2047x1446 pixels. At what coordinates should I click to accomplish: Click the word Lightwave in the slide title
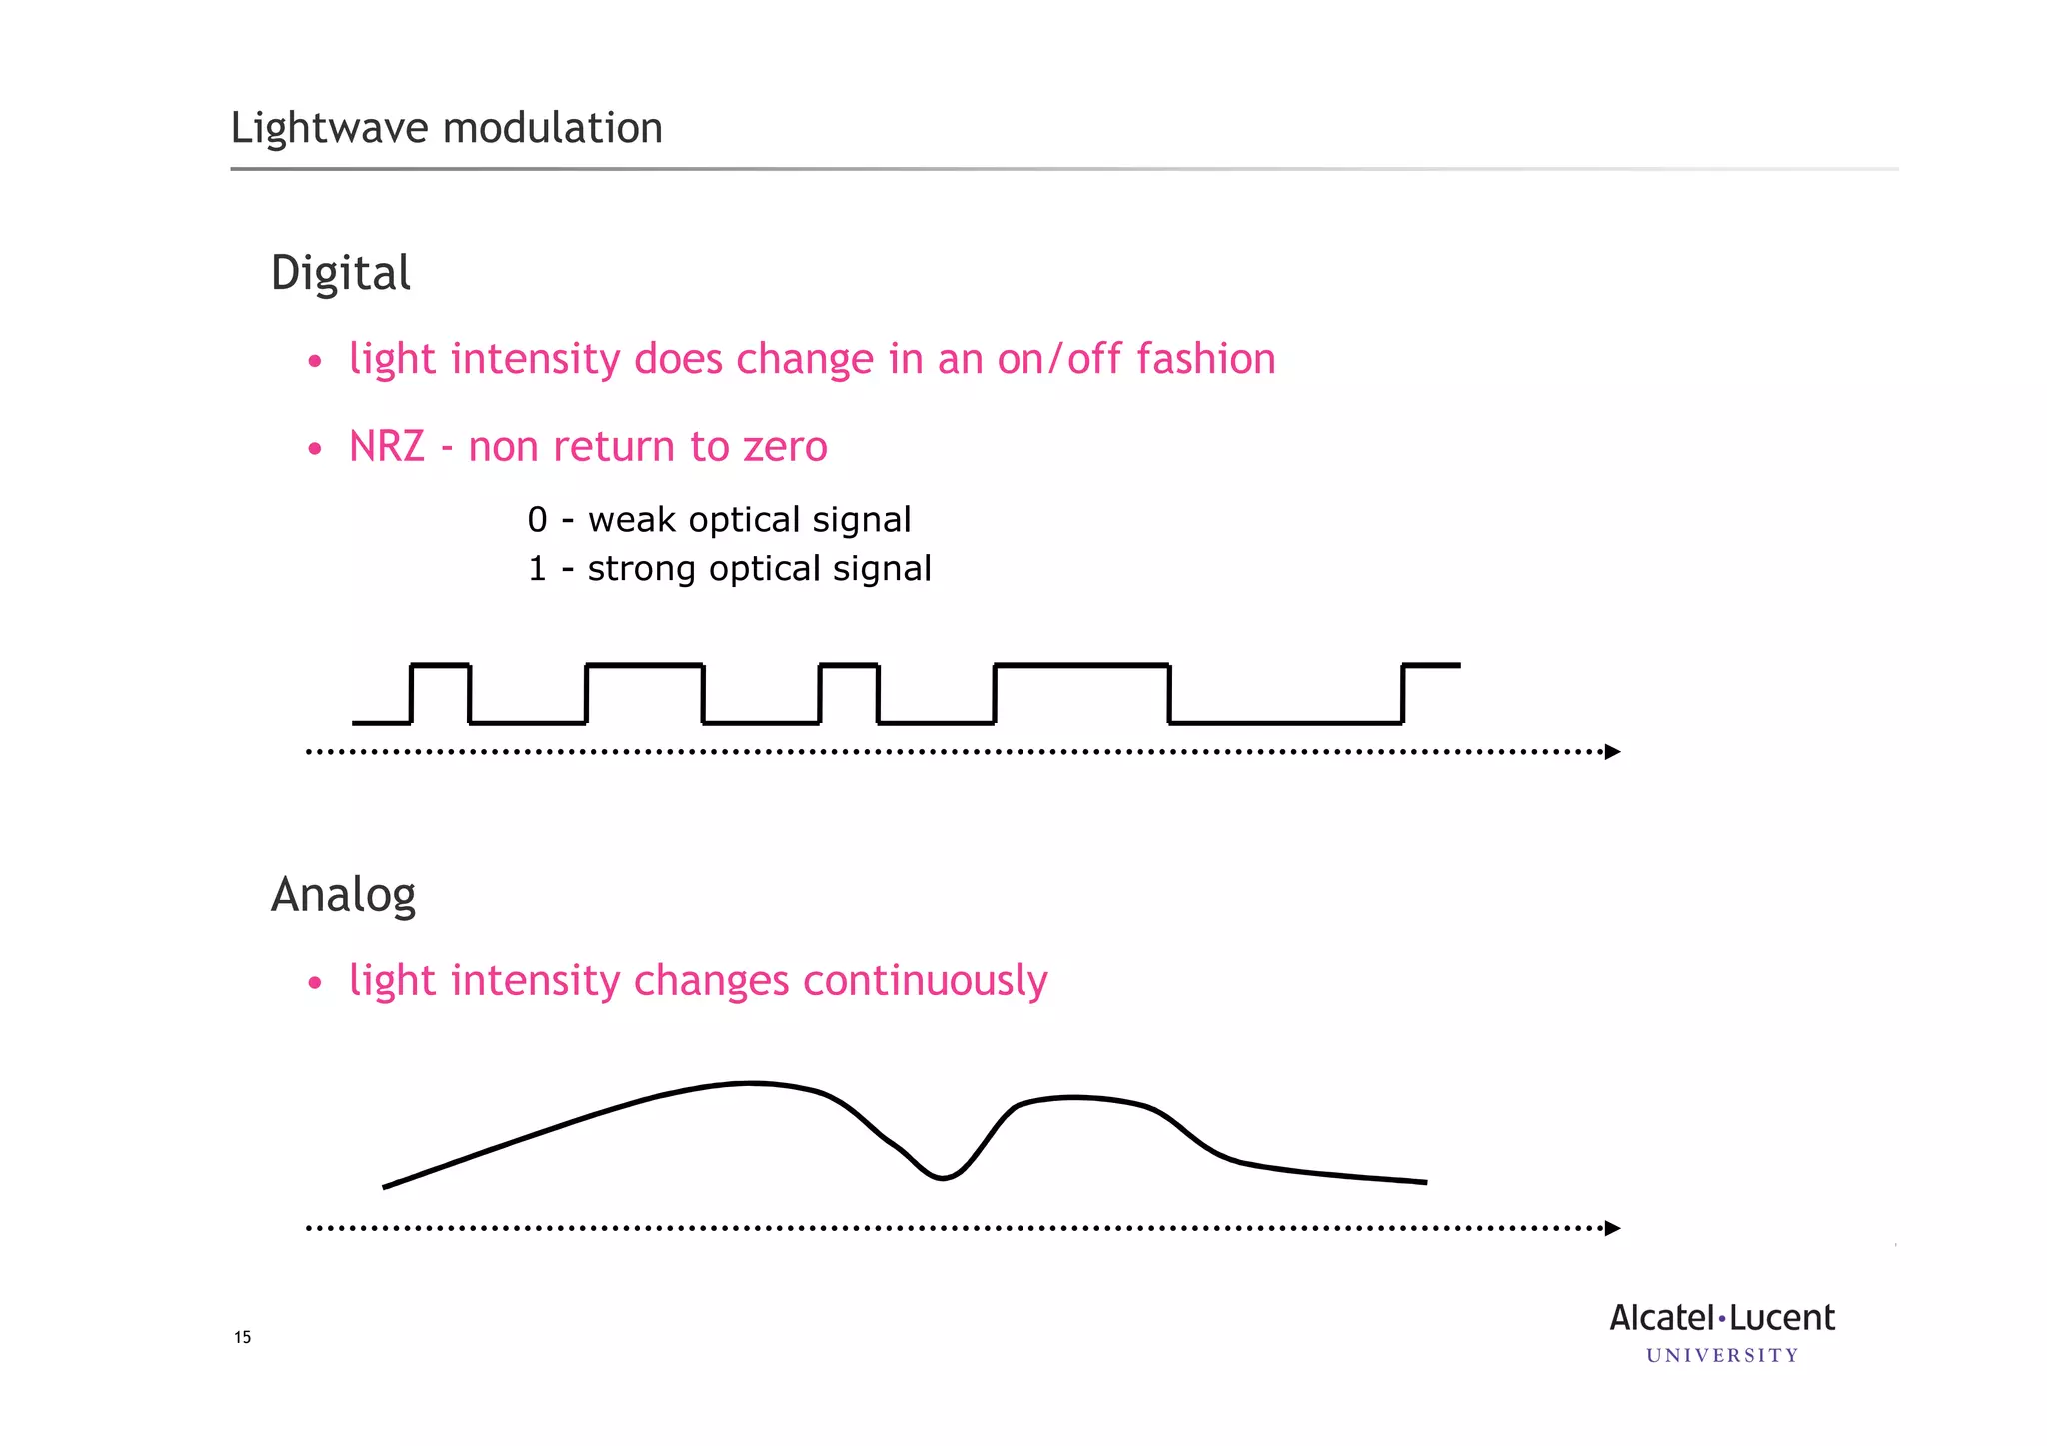point(330,129)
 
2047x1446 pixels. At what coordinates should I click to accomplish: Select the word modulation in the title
point(552,129)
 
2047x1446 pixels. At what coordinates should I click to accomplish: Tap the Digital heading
point(340,274)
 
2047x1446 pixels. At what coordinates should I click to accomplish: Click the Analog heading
point(343,895)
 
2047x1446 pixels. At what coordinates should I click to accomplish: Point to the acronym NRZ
point(387,447)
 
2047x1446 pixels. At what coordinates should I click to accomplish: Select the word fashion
point(1206,359)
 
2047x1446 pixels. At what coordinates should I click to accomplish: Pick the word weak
point(631,520)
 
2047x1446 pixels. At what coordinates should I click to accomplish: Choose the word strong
point(641,569)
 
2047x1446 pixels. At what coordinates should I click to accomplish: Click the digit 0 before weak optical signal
point(537,520)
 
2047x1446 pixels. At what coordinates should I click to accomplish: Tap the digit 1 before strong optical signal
point(537,569)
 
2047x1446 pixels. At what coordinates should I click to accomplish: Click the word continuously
point(925,981)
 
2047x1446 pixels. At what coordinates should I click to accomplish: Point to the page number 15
point(242,1337)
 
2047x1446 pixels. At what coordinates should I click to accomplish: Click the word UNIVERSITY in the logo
point(1722,1356)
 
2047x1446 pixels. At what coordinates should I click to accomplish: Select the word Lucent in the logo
point(1782,1318)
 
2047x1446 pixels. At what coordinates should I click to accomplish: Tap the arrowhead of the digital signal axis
point(1612,752)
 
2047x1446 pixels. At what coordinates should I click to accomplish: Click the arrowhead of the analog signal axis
point(1612,1228)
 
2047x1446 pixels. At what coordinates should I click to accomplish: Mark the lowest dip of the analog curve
point(942,1178)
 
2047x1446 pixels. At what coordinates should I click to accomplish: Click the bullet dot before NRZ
point(315,448)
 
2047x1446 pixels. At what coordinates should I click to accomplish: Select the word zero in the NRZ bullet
point(785,447)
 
